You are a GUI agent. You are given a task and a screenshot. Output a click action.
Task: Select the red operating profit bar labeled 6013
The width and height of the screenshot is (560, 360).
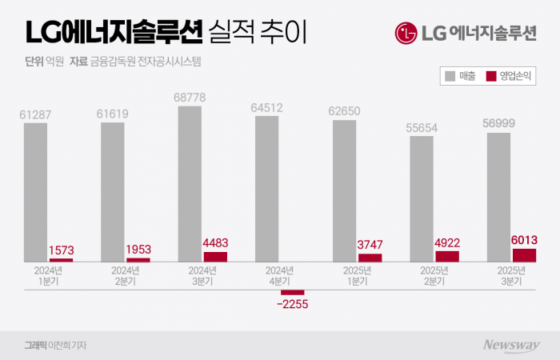pos(525,255)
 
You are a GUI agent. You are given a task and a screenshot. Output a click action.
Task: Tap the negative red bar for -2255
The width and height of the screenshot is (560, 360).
pos(293,292)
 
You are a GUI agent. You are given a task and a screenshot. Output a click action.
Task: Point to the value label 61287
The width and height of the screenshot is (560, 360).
pos(35,115)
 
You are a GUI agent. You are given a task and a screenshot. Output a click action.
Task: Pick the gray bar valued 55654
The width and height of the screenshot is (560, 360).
pos(422,199)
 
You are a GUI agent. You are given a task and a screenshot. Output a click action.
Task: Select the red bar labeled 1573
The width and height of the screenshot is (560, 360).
pos(61,260)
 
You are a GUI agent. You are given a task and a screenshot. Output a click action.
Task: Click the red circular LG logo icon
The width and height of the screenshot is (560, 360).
pos(406,34)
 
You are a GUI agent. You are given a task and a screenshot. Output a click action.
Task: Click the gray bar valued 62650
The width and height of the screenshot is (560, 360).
pos(345,192)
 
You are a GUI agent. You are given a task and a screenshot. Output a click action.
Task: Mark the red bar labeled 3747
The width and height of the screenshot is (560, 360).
pos(370,258)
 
